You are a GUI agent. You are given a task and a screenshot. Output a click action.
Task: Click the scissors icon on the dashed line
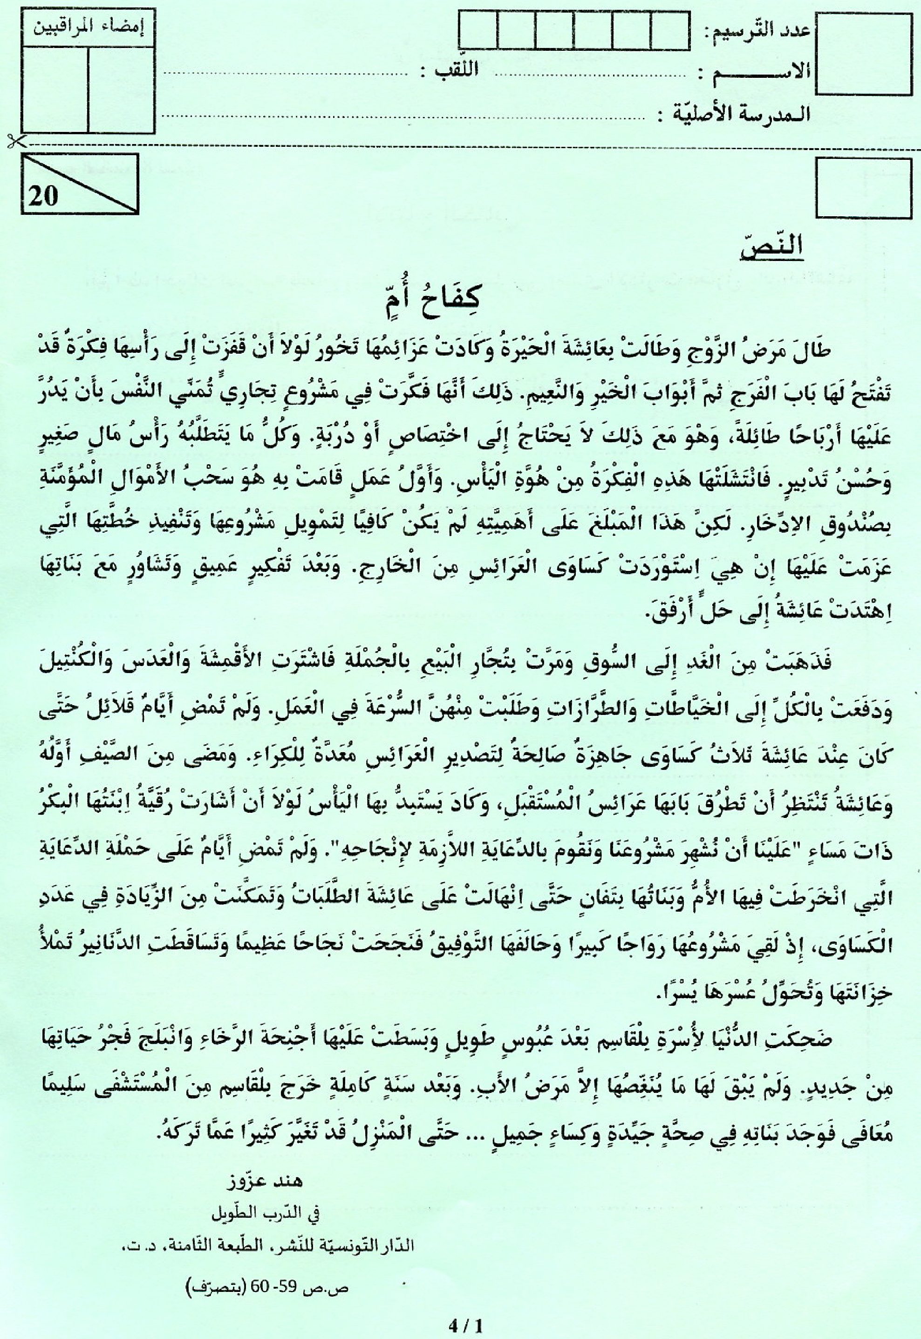click(x=13, y=140)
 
